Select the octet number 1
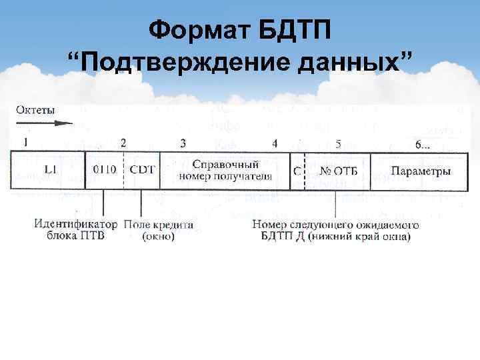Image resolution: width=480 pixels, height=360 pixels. coord(25,142)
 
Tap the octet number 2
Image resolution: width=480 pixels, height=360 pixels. coord(123,143)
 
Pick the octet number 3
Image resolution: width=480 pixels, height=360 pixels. coord(183,143)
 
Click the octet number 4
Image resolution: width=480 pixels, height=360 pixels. coord(275,143)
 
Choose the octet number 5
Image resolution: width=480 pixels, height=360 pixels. coord(339,143)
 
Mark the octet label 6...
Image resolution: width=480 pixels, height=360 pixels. coord(422,143)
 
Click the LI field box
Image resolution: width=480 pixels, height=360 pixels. coord(49,171)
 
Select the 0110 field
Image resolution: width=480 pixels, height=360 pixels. coord(104,171)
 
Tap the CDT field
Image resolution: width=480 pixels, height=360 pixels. coord(141,171)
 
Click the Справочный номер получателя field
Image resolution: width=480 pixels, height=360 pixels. coord(225,171)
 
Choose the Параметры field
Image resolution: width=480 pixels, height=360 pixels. coord(420,171)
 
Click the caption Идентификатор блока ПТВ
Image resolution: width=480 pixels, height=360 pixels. coord(75,230)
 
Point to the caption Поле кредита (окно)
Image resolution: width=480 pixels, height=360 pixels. coord(159,230)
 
